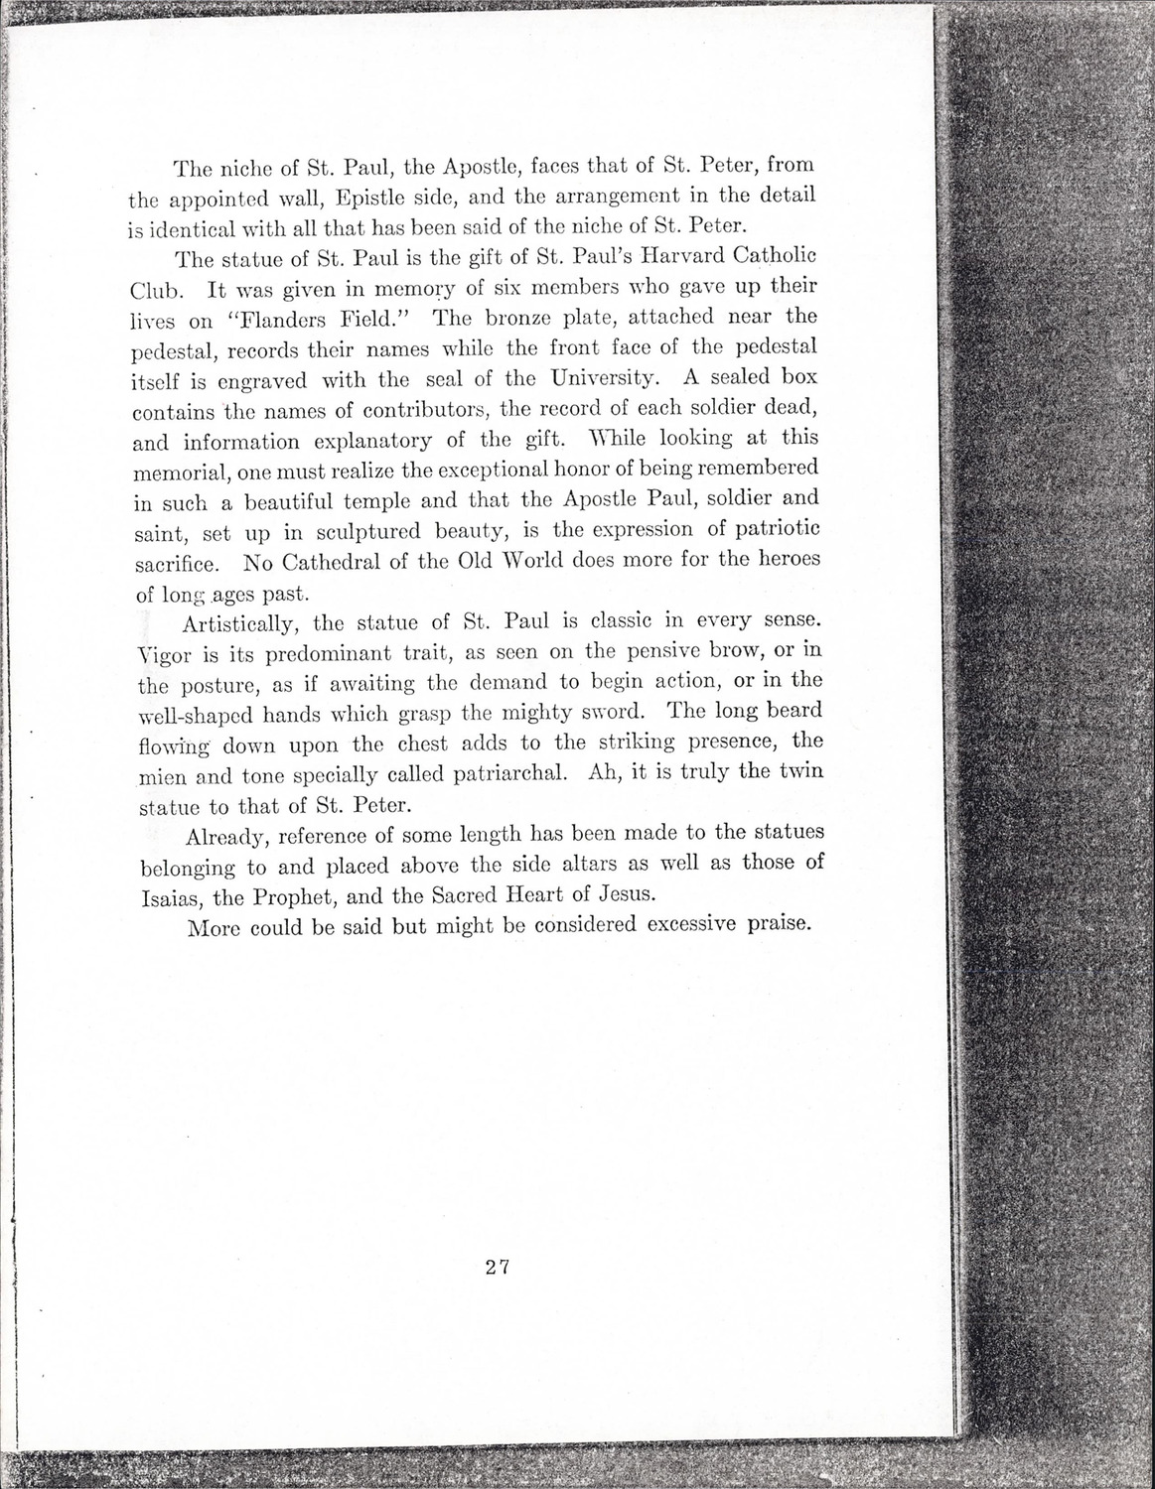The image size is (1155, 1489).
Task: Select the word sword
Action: (x=608, y=711)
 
